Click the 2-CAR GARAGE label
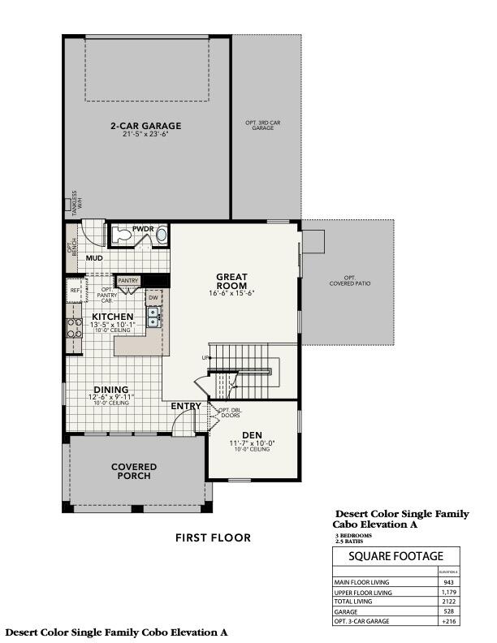pyautogui.click(x=146, y=126)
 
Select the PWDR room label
pyautogui.click(x=144, y=229)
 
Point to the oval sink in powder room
pyautogui.click(x=162, y=236)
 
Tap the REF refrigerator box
pyautogui.click(x=75, y=290)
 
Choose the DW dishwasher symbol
pyautogui.click(x=153, y=297)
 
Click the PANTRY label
pyautogui.click(x=128, y=280)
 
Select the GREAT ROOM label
pyautogui.click(x=231, y=281)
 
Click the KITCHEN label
pyautogui.click(x=113, y=316)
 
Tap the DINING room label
pyautogui.click(x=110, y=390)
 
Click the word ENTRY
pyautogui.click(x=186, y=406)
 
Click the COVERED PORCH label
pyautogui.click(x=134, y=471)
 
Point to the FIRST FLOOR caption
pyautogui.click(x=213, y=537)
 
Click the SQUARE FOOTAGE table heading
pyautogui.click(x=396, y=556)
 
